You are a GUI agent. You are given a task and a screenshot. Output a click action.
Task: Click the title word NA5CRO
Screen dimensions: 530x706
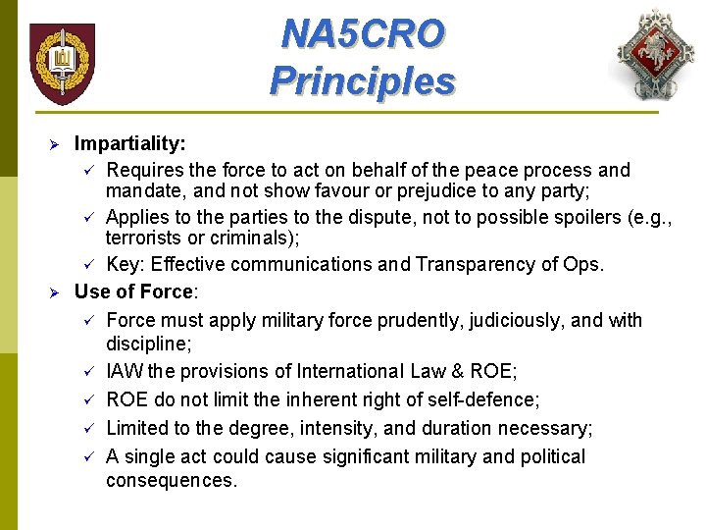click(x=362, y=33)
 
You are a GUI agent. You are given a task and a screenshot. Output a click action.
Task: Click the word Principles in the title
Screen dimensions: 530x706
click(x=362, y=79)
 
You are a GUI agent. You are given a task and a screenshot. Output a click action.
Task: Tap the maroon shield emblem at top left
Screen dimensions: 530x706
click(x=63, y=63)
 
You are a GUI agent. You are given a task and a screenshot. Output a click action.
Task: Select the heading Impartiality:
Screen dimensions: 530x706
click(x=130, y=144)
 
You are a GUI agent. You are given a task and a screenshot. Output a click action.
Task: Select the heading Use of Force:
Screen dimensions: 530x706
click(x=136, y=291)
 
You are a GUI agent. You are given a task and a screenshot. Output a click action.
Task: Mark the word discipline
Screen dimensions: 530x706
click(x=148, y=344)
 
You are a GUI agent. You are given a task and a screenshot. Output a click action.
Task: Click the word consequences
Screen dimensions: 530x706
click(x=172, y=480)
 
